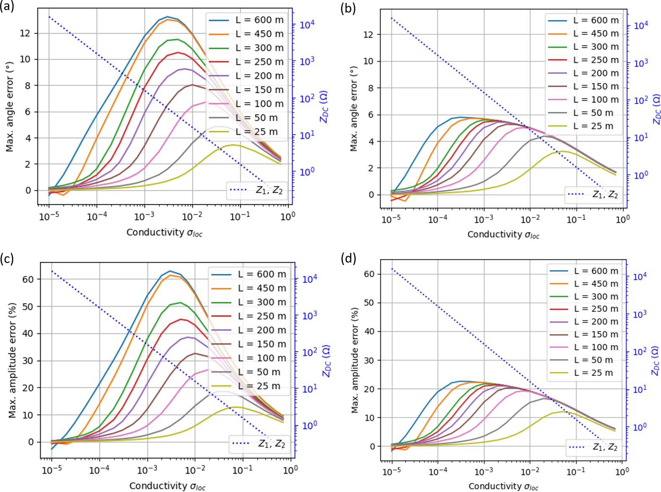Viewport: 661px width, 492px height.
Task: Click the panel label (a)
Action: [7, 7]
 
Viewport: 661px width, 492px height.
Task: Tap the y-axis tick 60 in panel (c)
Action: [28, 279]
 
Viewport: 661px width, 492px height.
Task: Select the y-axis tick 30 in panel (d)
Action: [369, 360]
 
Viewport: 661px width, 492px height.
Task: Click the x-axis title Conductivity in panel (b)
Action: [503, 234]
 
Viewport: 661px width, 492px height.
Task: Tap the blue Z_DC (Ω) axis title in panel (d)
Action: [655, 361]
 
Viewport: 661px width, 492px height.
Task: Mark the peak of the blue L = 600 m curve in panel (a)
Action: [167, 17]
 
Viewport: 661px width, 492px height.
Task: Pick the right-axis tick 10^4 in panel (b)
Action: [640, 26]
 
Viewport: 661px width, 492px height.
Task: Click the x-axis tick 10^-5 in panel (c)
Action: [52, 470]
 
